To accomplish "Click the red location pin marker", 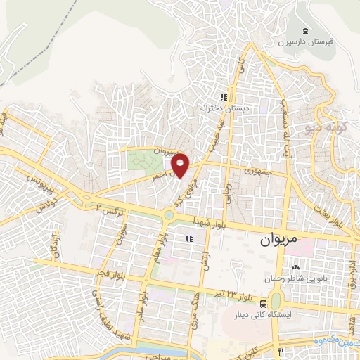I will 181,165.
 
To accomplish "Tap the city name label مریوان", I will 278,240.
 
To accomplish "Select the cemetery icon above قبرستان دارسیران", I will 304,31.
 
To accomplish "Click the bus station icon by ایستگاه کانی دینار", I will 262,304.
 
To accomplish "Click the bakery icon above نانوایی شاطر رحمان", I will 295,268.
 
